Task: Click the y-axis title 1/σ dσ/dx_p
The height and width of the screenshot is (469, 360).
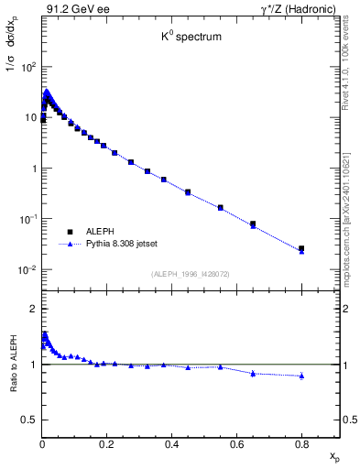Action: tap(14, 56)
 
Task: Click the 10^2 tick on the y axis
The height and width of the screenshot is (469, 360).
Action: tap(28, 67)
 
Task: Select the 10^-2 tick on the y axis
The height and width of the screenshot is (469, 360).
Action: tap(27, 270)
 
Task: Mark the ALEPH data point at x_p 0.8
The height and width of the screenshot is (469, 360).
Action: tap(301, 248)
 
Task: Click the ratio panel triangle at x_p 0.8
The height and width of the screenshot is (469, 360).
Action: tap(301, 376)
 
